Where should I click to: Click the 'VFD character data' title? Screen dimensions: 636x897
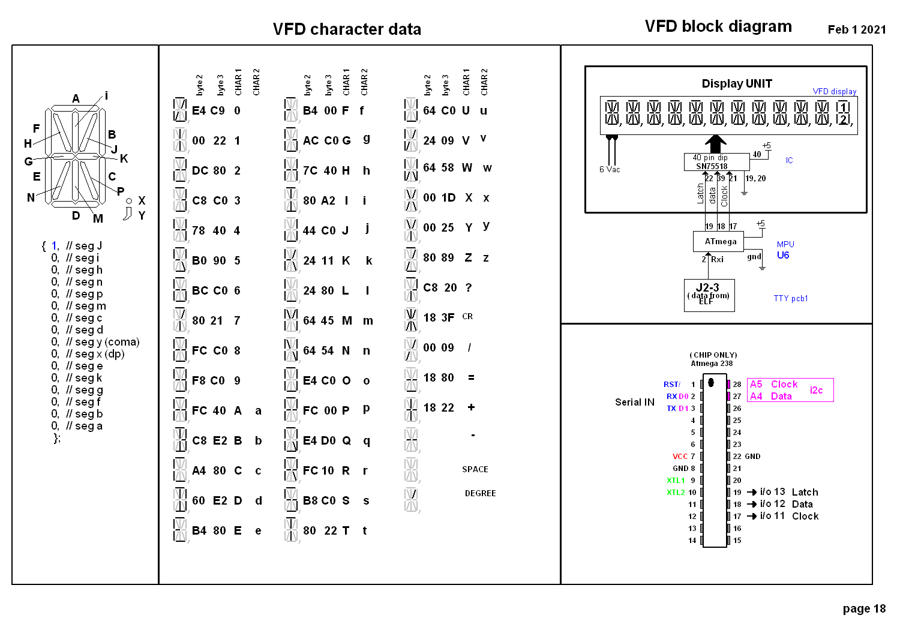coord(347,29)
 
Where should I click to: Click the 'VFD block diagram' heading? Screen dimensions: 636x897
coord(718,26)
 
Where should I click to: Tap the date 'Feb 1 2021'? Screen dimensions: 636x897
coord(856,30)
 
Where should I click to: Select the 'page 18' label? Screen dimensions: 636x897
coord(863,608)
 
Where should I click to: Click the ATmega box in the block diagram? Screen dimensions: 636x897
coord(718,242)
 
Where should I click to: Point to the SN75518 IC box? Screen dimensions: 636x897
coord(716,162)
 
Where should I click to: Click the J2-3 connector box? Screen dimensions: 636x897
coord(709,295)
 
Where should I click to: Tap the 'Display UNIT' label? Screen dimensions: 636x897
coord(736,84)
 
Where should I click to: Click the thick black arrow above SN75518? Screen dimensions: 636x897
coord(715,143)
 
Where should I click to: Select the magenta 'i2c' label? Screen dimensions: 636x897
coord(816,390)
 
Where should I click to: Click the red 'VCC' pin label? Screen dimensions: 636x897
coord(680,457)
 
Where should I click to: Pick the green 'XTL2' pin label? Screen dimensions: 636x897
coord(676,493)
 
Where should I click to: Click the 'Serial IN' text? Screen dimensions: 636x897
coord(634,402)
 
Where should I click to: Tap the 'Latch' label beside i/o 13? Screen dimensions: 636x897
coord(805,492)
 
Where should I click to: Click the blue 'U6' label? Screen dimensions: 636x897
coord(782,255)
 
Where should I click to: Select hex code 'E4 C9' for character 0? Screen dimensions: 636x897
coord(208,111)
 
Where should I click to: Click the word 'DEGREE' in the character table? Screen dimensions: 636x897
coord(480,493)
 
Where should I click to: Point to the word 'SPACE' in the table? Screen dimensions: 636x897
coord(475,469)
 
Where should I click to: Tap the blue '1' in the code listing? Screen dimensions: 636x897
coord(54,246)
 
